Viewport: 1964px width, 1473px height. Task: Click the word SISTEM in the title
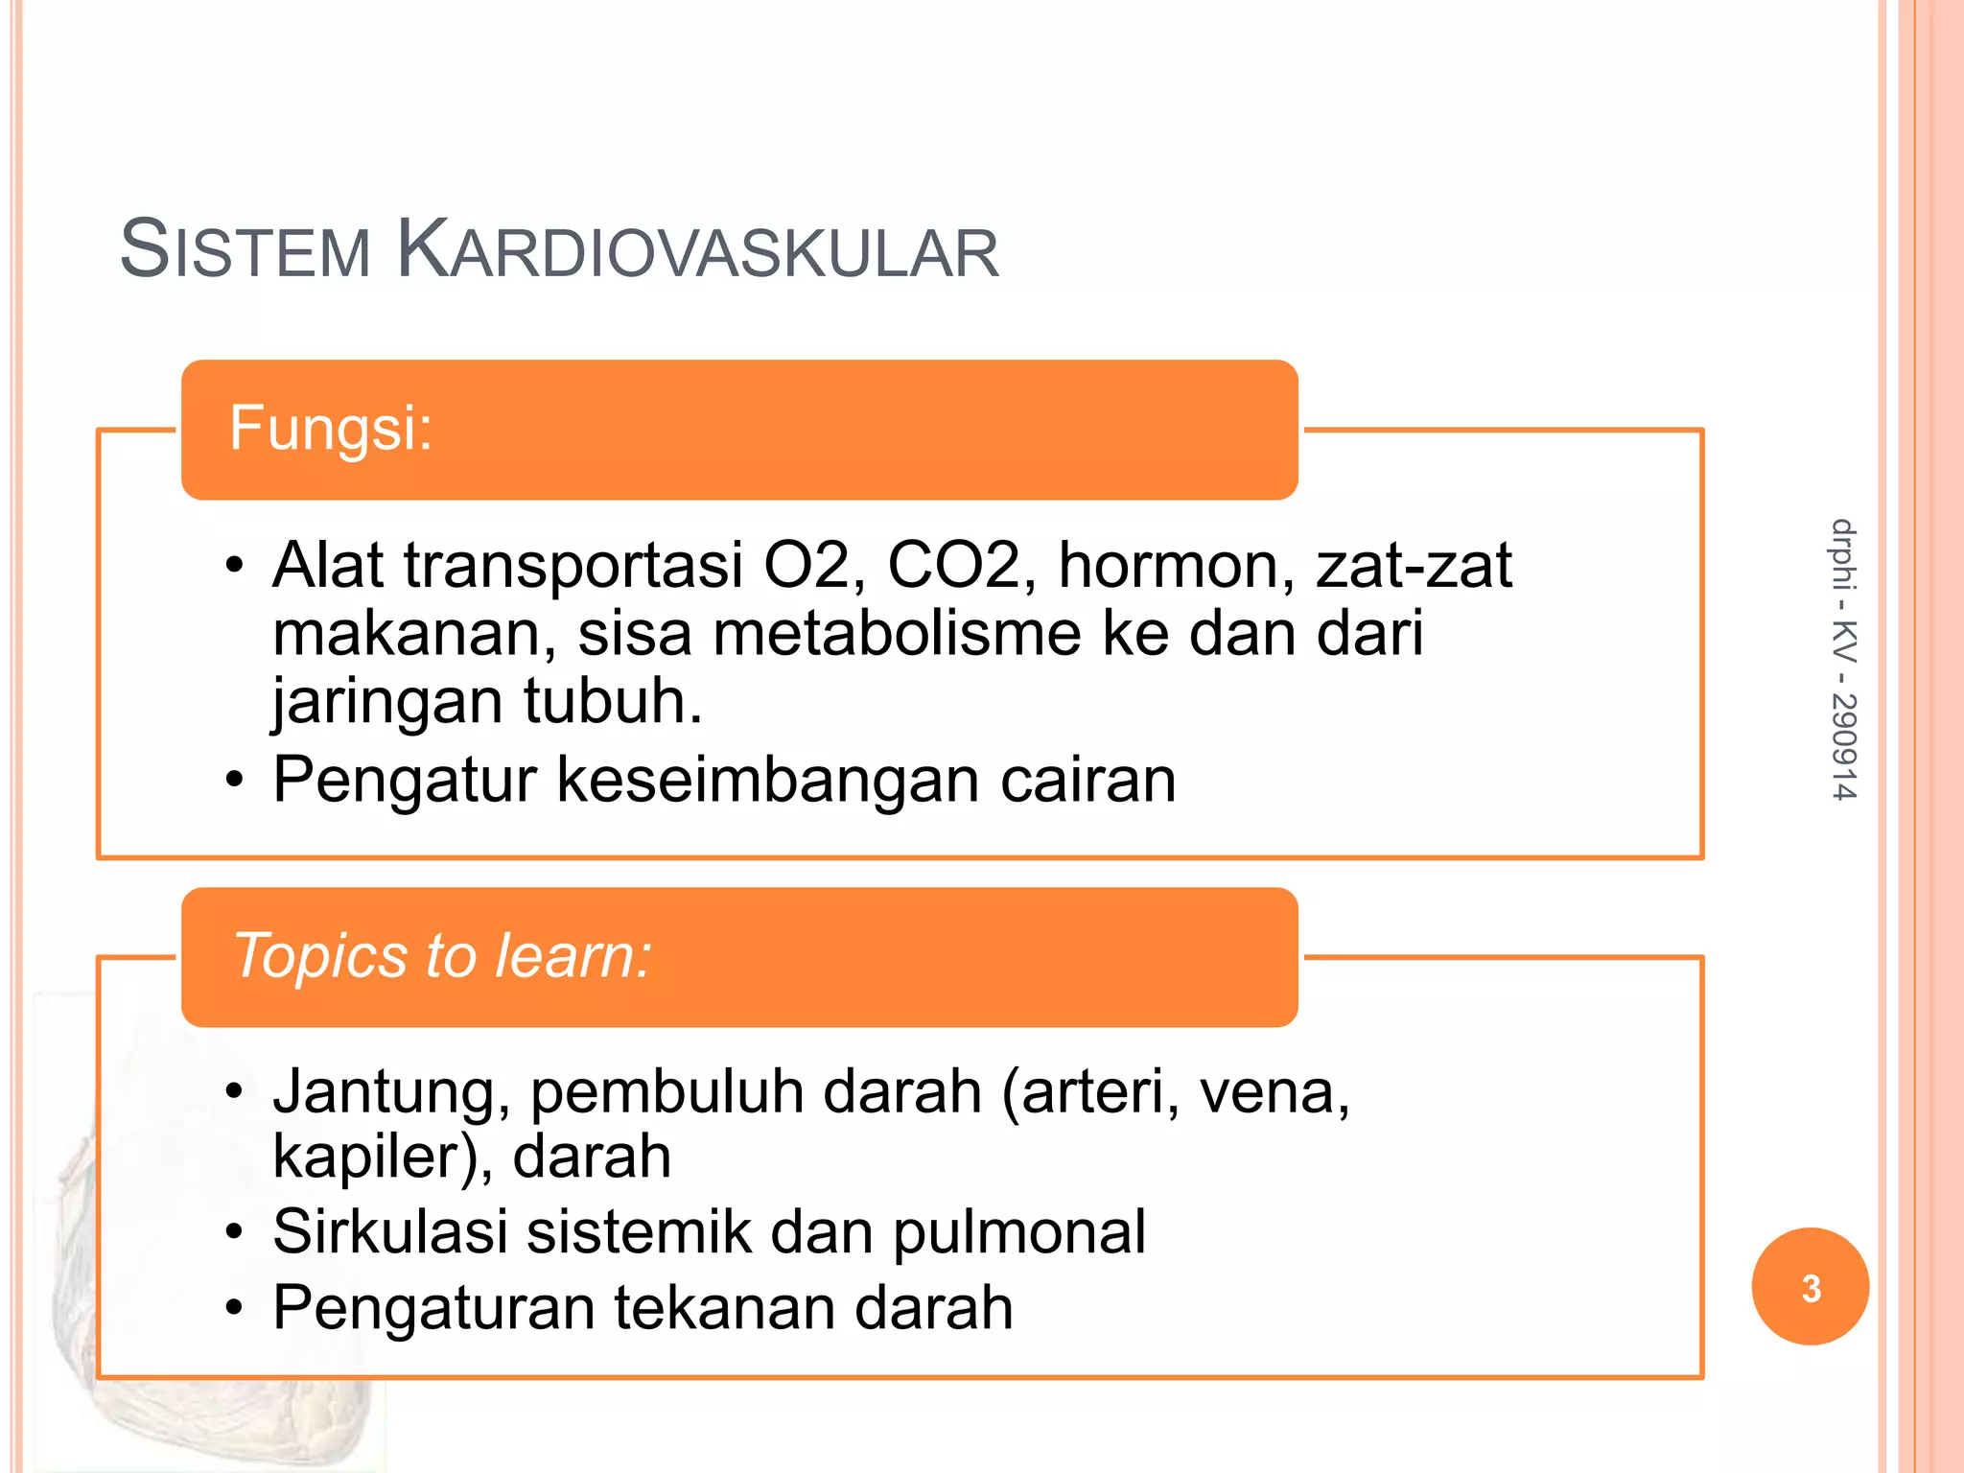[245, 250]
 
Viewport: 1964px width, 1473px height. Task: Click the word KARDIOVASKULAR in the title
[697, 250]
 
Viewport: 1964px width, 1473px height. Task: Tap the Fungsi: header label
[331, 428]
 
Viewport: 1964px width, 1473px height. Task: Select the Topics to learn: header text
[442, 956]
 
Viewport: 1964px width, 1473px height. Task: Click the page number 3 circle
[1810, 1287]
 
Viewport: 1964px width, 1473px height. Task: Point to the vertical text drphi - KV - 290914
[1843, 659]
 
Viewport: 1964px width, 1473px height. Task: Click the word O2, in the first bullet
[815, 565]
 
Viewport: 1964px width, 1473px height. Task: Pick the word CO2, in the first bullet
[962, 565]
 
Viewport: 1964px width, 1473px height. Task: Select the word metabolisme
[897, 634]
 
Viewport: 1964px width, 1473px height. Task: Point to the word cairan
[1087, 779]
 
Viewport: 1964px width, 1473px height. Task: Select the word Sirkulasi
[389, 1231]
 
